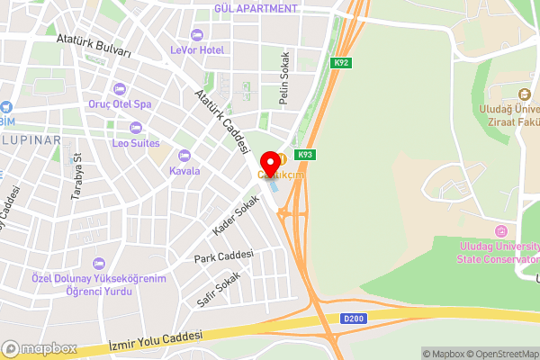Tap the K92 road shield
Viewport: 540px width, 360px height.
point(341,63)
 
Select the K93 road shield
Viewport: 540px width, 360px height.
point(306,155)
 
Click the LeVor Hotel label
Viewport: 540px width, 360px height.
point(197,50)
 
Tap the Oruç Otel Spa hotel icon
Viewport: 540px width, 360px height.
point(120,88)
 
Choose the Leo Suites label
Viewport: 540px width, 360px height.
point(135,143)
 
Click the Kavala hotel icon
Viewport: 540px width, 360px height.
point(185,155)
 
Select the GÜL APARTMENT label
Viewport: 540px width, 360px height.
point(256,9)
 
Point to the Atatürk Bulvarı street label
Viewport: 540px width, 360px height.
point(94,47)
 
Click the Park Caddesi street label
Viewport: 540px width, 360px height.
point(223,258)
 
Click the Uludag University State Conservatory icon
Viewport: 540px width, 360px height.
point(501,233)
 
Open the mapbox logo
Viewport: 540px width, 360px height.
point(40,348)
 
